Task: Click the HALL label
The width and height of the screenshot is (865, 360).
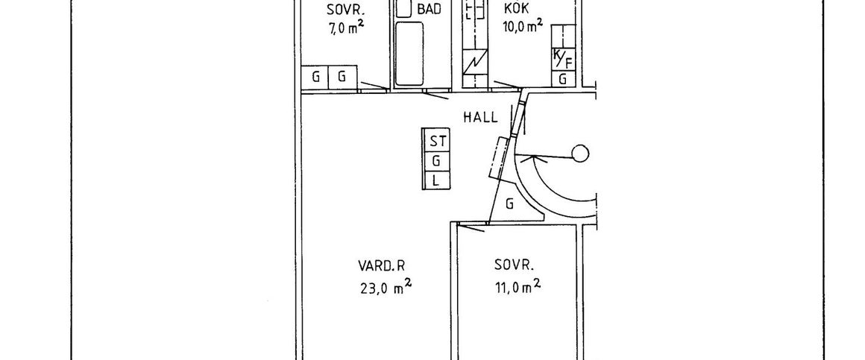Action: click(x=480, y=116)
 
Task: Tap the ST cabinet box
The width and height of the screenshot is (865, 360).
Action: click(x=435, y=141)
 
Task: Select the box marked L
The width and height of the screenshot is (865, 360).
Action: click(x=435, y=179)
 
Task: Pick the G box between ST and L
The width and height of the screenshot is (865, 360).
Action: click(x=435, y=160)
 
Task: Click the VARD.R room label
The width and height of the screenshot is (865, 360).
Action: click(x=386, y=265)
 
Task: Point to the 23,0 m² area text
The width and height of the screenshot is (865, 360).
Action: click(x=386, y=287)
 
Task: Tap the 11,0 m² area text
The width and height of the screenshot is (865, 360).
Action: click(x=516, y=287)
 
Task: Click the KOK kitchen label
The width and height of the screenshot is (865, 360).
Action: click(x=517, y=9)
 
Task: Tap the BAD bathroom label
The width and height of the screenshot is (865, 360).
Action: click(x=429, y=9)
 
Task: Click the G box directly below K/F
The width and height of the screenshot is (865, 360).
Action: click(x=563, y=78)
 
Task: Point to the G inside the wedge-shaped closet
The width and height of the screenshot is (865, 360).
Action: click(x=509, y=204)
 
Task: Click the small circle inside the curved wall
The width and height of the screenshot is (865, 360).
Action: click(x=579, y=155)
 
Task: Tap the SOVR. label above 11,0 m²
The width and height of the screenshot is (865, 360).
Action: click(x=515, y=265)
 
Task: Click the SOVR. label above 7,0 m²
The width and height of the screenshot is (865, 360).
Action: click(x=345, y=10)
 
